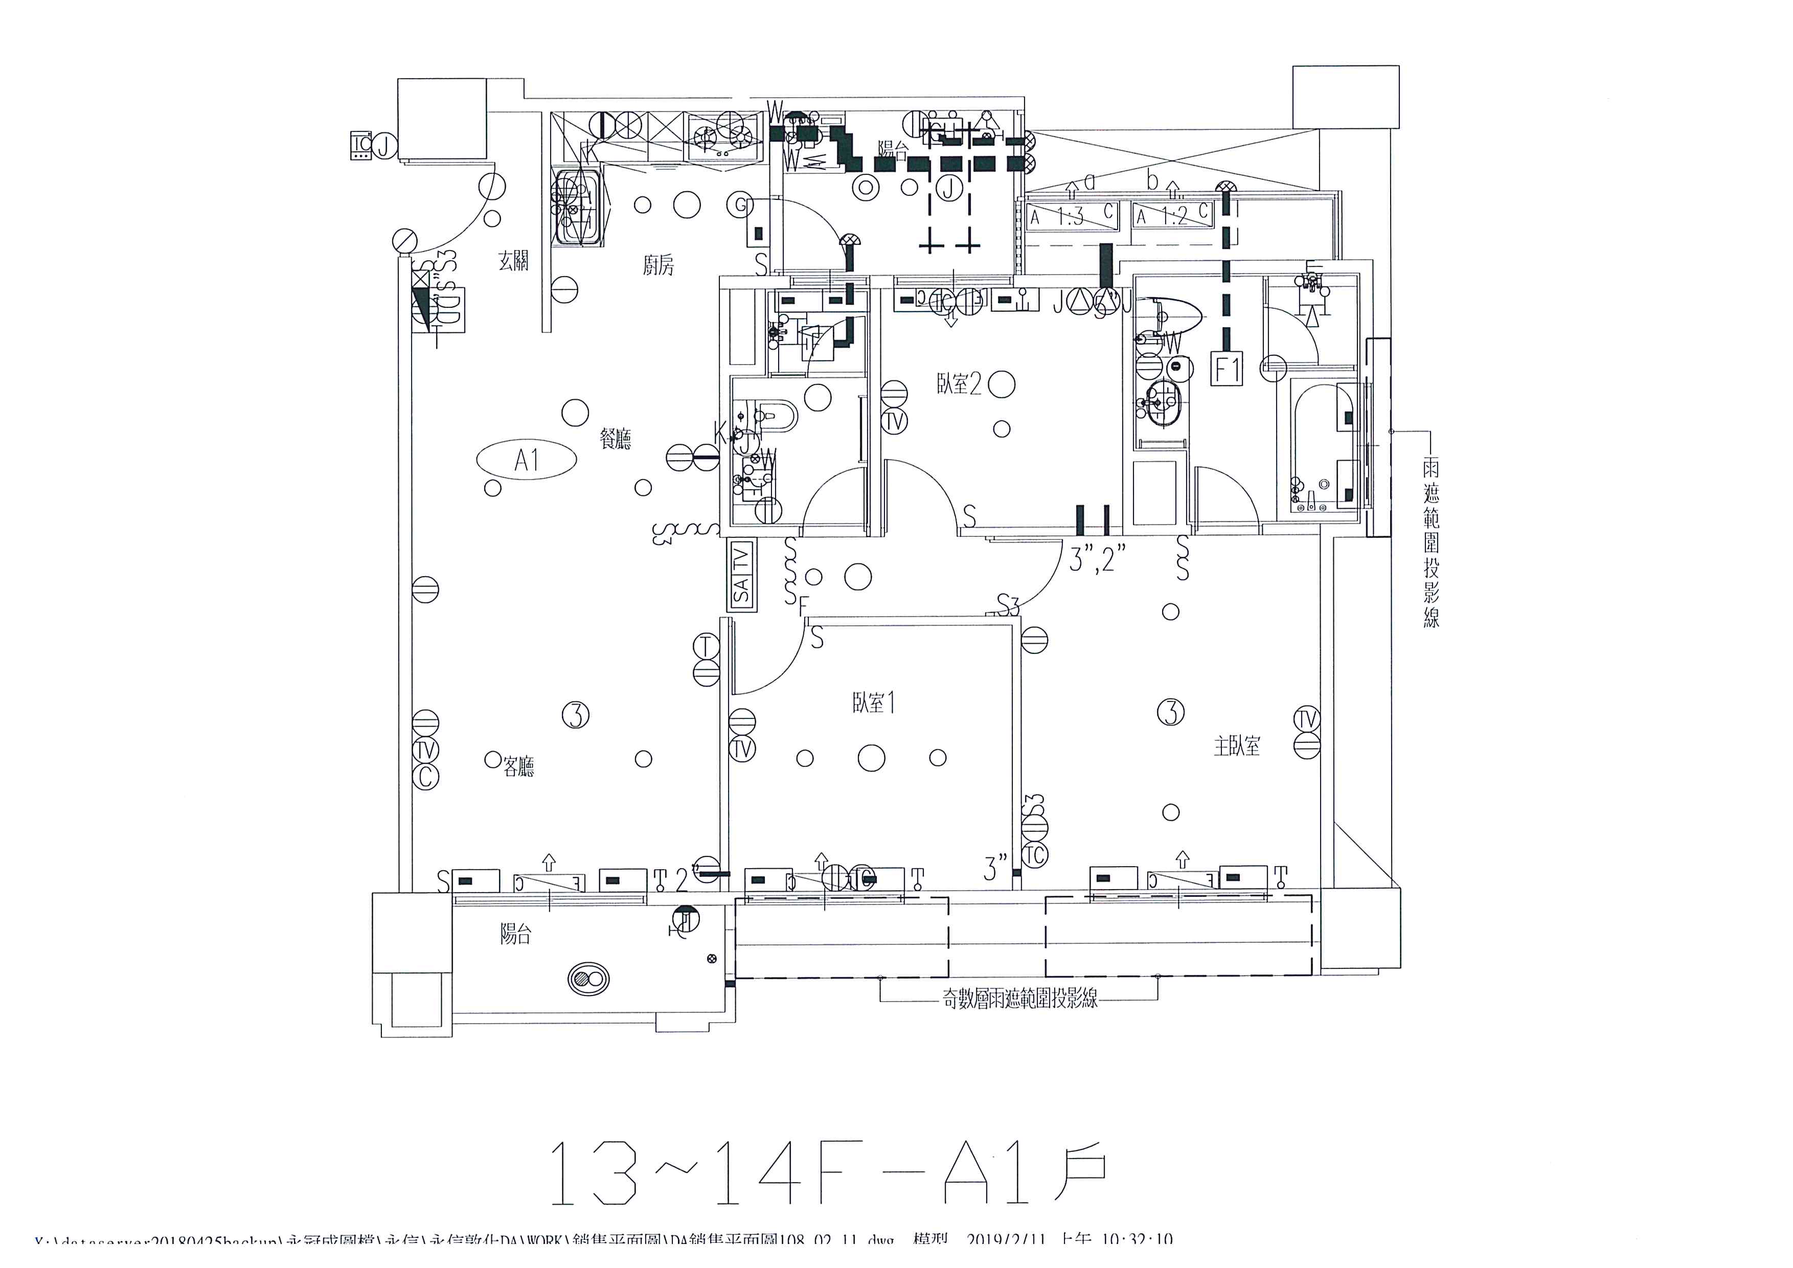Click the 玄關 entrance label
pos(514,261)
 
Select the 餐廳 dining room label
pos(616,440)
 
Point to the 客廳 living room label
pos(518,767)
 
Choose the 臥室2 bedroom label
pos(959,384)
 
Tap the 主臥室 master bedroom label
pos(1237,746)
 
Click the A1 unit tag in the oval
pos(526,460)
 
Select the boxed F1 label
pos(1226,369)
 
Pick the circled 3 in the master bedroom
pos(1170,712)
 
